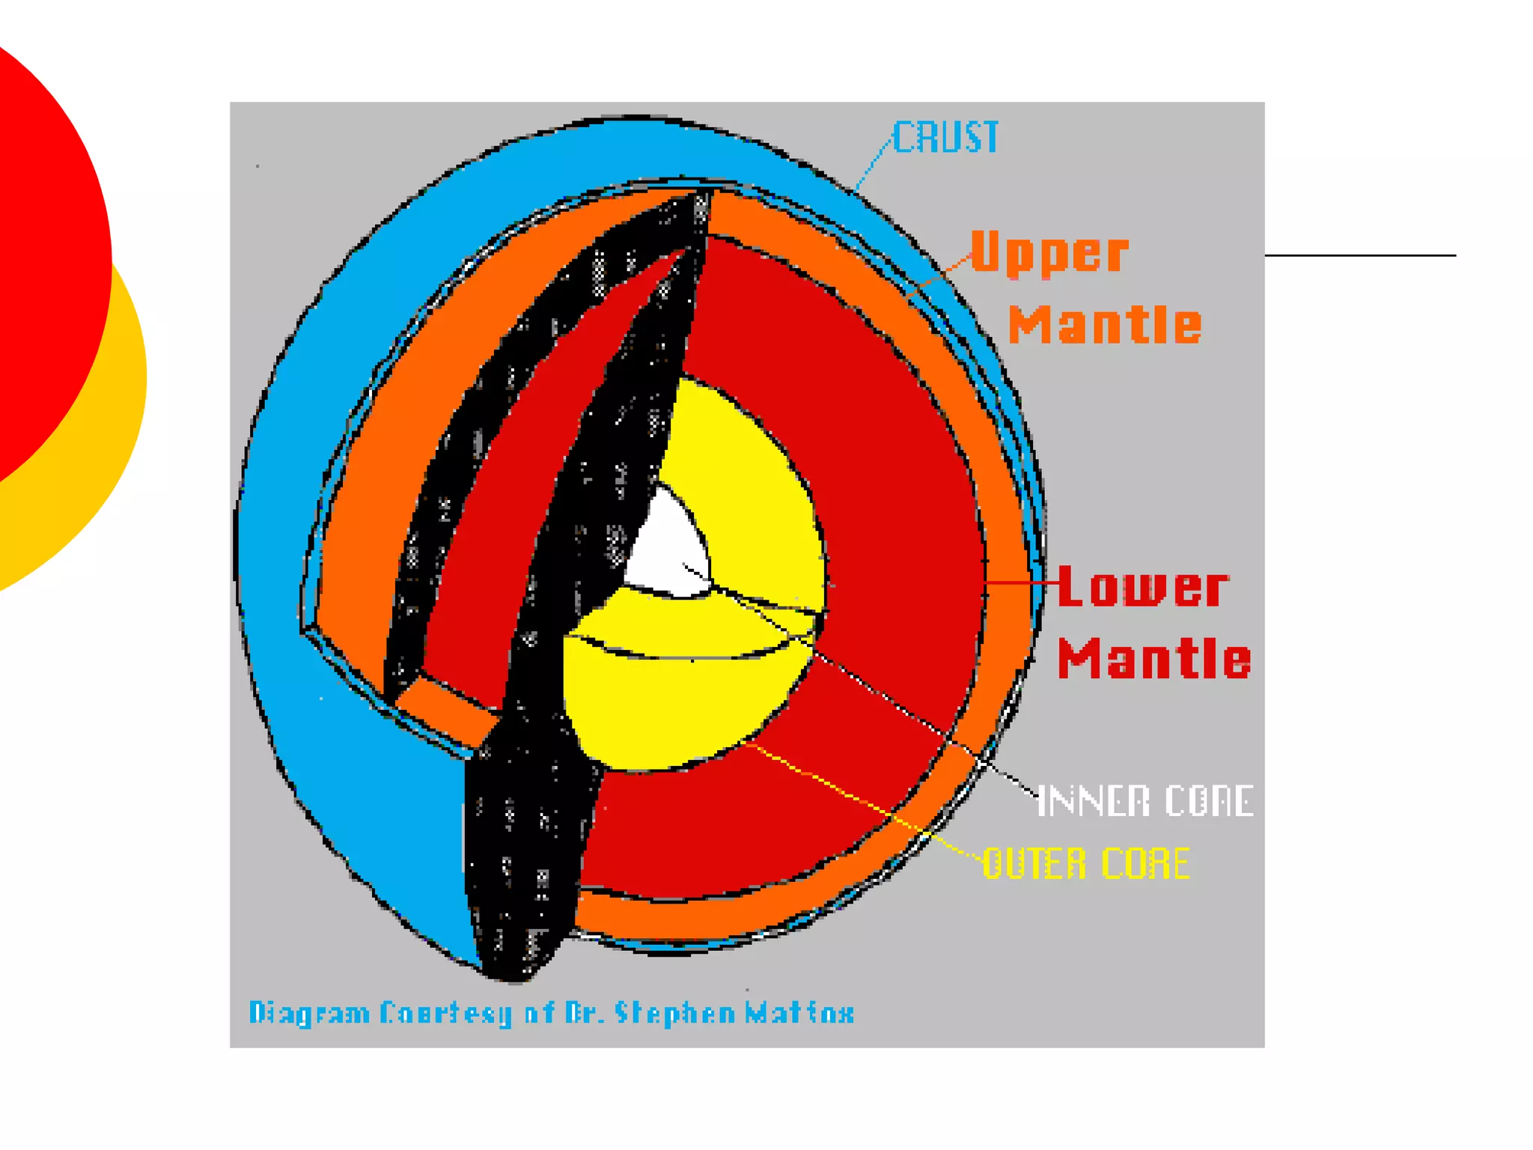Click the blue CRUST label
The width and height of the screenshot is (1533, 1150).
945,138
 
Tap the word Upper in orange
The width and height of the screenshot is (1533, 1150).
1049,252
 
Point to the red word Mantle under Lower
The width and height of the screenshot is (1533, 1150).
1153,659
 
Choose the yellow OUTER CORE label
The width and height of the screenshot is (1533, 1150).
1085,863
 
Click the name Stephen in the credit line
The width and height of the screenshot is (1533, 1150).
674,1013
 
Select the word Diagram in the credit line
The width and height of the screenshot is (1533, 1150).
309,1013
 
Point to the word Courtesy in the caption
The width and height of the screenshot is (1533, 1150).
445,1013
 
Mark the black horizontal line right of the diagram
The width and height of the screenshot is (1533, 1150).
1360,255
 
